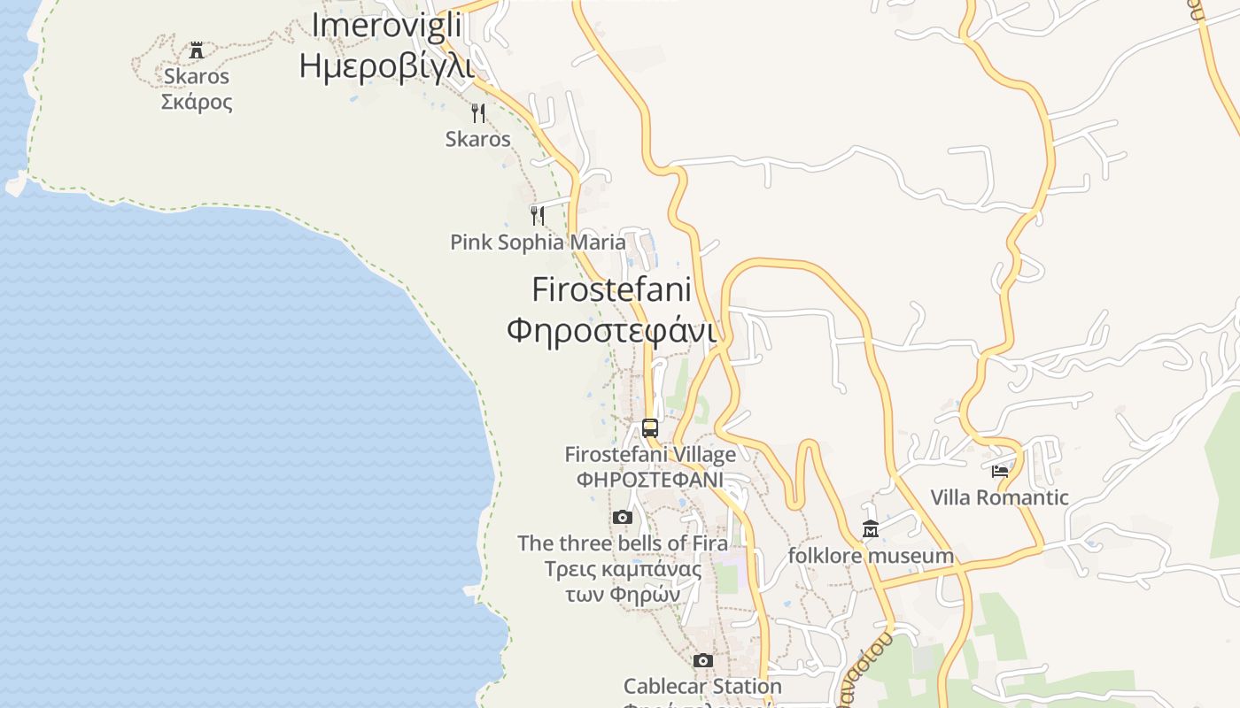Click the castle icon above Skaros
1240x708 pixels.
tap(197, 50)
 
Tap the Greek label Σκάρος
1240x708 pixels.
tap(197, 102)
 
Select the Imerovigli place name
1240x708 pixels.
tap(386, 26)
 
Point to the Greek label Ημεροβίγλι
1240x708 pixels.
tap(386, 66)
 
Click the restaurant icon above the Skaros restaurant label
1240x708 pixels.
tap(478, 112)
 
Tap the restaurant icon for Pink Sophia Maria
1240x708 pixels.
tap(538, 215)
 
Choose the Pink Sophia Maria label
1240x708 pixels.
tap(538, 242)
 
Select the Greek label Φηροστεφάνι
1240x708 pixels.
tap(611, 330)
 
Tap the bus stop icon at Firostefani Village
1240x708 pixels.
tap(650, 428)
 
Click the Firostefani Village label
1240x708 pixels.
tap(650, 455)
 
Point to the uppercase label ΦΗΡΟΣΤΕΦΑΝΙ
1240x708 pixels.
tap(650, 480)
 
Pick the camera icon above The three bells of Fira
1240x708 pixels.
tap(623, 517)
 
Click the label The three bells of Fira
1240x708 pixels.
tap(623, 543)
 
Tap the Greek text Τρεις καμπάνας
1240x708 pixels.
tap(623, 568)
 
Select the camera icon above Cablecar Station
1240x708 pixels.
tap(702, 660)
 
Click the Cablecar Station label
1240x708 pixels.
tap(702, 686)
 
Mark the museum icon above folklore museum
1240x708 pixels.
tap(871, 529)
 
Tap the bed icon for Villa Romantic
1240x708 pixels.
tap(1000, 471)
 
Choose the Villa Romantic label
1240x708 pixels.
tap(1000, 497)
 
